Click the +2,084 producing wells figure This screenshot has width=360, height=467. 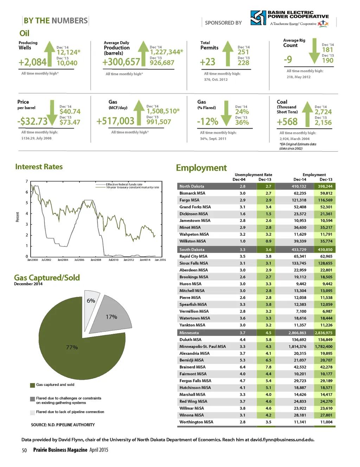point(32,63)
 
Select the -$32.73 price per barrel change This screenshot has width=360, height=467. point(32,122)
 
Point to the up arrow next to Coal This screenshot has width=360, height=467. point(308,113)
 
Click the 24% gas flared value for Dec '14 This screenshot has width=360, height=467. point(242,112)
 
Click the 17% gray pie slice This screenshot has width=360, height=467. point(110,316)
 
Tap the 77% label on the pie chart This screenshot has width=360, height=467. point(72,347)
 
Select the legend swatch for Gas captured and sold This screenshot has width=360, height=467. point(32,385)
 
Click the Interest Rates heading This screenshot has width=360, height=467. point(39,167)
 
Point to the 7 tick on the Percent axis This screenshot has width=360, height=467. point(27,181)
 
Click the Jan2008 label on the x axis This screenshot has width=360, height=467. point(96,260)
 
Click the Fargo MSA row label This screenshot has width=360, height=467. point(189,200)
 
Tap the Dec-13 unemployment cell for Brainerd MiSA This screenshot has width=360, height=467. point(268,367)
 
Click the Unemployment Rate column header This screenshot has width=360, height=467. point(253,175)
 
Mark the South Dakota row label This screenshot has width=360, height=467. point(192,250)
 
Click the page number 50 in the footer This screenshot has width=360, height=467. point(24,450)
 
